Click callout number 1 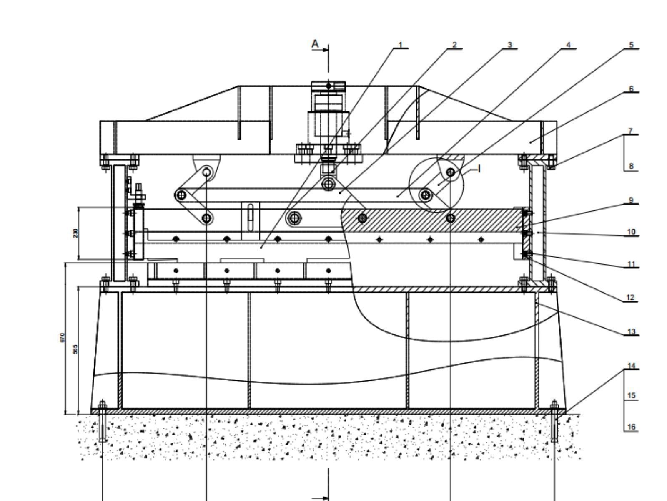click(x=401, y=45)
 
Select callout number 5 click(x=631, y=45)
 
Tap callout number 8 click(x=631, y=166)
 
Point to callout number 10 click(x=631, y=232)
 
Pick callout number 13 click(x=631, y=332)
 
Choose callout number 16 click(x=631, y=427)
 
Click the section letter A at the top click(x=316, y=43)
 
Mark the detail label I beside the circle click(x=479, y=168)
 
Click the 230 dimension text click(x=75, y=233)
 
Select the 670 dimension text click(x=63, y=337)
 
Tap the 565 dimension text click(x=75, y=349)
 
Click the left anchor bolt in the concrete click(x=103, y=422)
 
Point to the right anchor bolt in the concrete click(x=554, y=422)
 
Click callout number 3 click(x=509, y=45)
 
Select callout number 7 click(x=631, y=131)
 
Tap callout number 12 click(x=630, y=298)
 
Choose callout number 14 click(x=631, y=366)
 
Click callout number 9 click(x=631, y=200)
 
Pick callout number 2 click(x=454, y=45)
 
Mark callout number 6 click(x=631, y=89)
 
